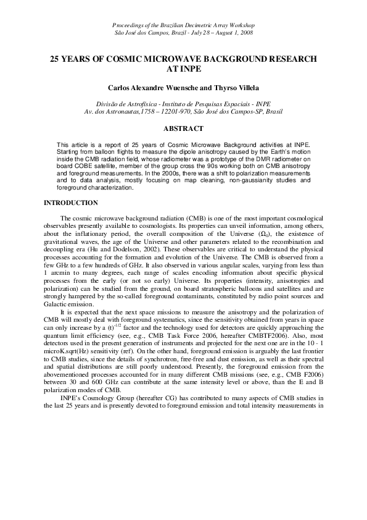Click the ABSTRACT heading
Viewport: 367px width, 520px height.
click(183, 128)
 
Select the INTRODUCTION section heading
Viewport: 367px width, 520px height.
click(70, 203)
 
